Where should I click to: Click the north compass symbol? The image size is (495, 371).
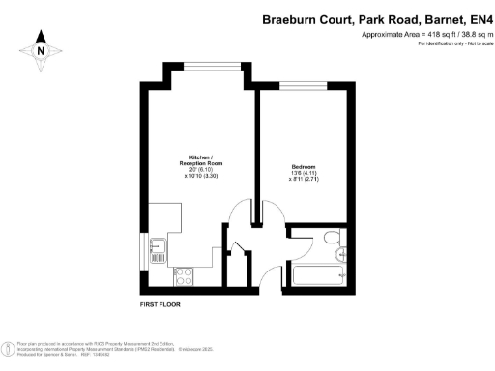tap(41, 50)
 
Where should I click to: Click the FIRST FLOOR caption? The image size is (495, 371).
tap(160, 304)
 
